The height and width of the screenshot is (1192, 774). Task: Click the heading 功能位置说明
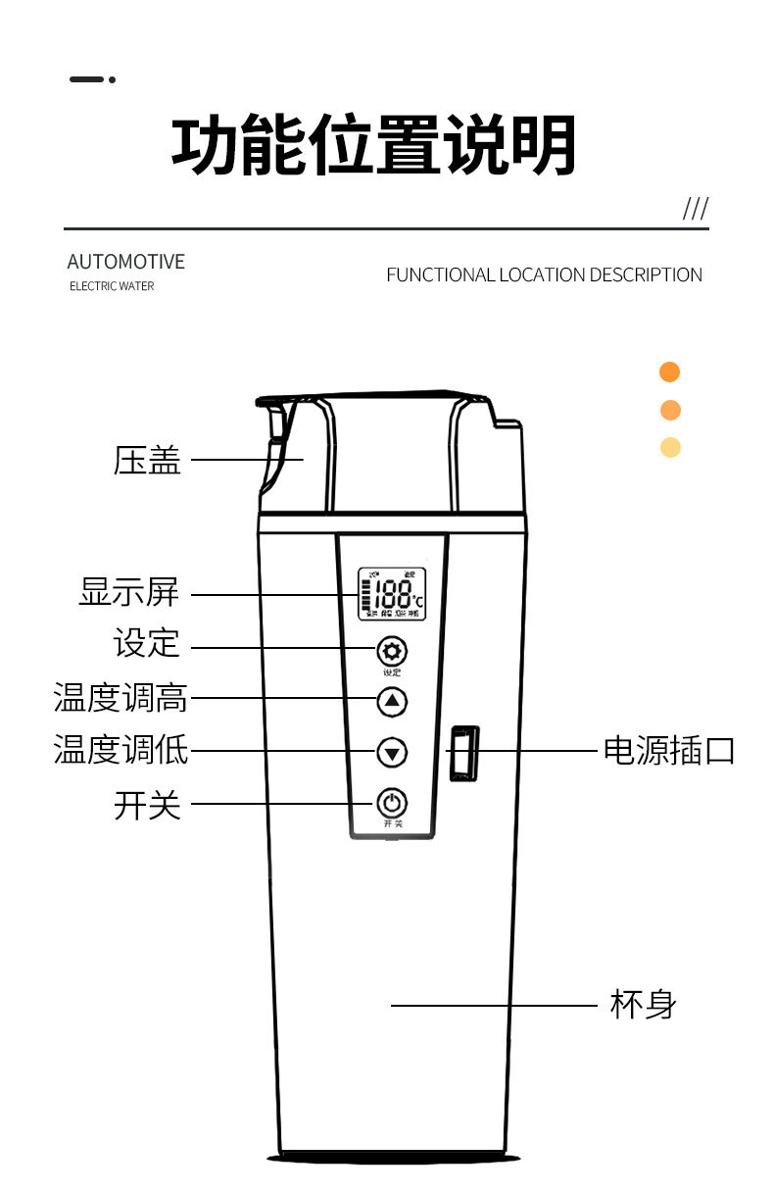373,147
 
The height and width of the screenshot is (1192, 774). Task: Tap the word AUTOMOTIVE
125,262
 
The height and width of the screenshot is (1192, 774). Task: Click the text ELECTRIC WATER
112,286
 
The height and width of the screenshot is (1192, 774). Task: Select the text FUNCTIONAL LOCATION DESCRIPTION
544,275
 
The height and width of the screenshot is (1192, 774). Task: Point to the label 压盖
147,460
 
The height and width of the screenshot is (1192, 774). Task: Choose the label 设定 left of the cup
147,644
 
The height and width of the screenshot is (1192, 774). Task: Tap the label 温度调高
121,699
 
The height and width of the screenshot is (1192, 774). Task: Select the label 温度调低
121,751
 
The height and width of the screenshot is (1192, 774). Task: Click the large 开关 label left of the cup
147,805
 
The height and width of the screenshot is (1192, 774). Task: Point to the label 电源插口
668,751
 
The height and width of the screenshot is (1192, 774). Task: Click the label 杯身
643,1005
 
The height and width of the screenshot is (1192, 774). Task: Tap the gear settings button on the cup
392,651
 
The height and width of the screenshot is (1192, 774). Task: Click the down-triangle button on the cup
392,753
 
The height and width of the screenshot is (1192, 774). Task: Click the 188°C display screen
392,594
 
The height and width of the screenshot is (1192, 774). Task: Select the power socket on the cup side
463,753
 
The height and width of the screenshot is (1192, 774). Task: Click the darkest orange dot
670,372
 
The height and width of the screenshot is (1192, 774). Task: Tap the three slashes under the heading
695,209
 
